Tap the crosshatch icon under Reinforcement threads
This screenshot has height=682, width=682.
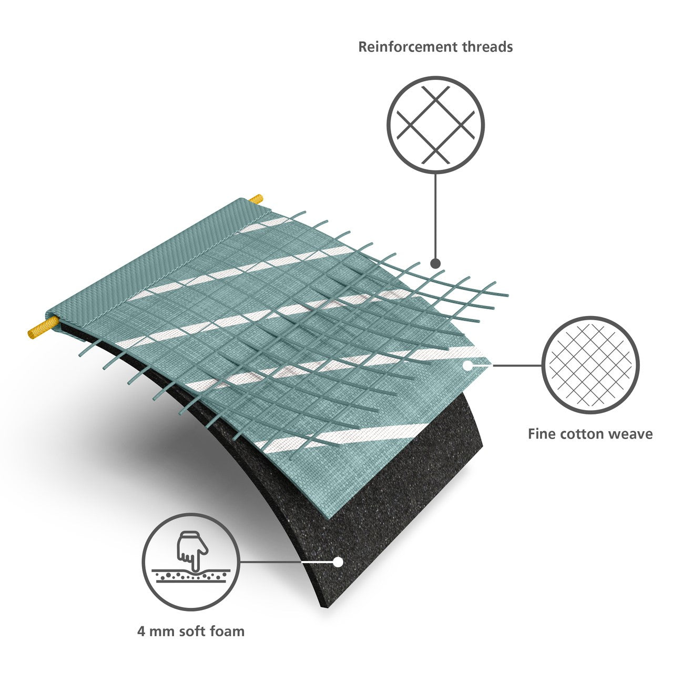[x=436, y=125]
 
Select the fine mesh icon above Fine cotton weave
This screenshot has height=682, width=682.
[x=591, y=365]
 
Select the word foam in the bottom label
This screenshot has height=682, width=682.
[x=227, y=631]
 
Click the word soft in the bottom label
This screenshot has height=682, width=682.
[x=191, y=631]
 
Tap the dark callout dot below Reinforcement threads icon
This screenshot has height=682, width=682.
[x=436, y=263]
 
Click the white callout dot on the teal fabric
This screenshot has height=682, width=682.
[x=468, y=365]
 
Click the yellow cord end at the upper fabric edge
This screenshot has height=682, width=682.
[x=256, y=199]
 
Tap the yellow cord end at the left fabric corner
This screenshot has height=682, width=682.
[x=43, y=327]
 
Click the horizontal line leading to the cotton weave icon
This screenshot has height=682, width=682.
[x=517, y=365]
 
